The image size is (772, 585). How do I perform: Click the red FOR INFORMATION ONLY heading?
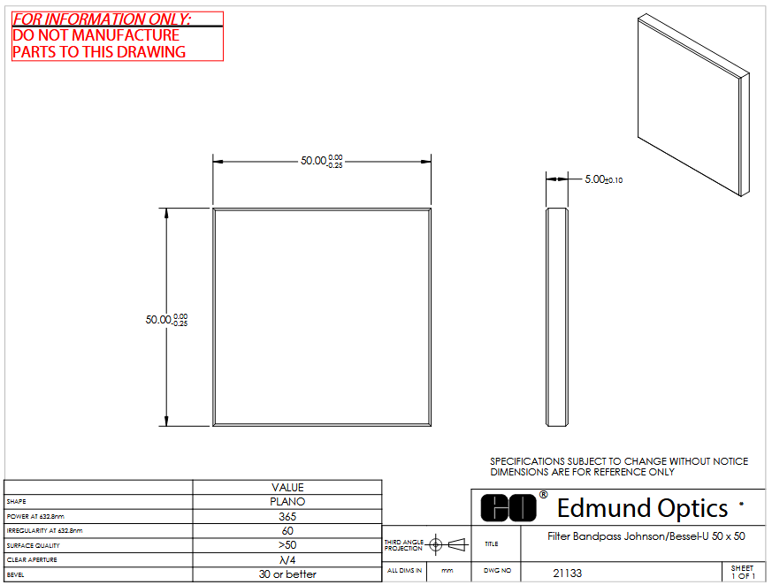point(102,19)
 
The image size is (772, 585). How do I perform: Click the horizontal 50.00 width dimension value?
point(322,161)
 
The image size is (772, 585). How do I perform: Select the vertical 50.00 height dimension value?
point(166,320)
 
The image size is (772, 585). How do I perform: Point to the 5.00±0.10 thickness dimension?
point(604,179)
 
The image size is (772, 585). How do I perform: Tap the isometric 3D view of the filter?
point(693,105)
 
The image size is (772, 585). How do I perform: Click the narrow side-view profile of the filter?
point(557,317)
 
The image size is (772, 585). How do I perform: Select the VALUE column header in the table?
point(287,488)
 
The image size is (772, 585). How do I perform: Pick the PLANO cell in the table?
point(287,502)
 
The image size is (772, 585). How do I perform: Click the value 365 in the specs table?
point(287,517)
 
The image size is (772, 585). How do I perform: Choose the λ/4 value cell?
point(287,560)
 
